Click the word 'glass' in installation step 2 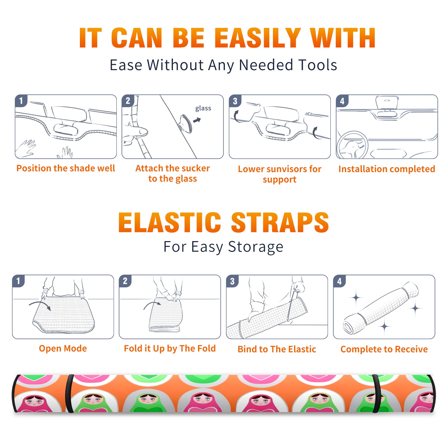[203, 108]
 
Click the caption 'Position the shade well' [66, 168]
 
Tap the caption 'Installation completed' [387, 169]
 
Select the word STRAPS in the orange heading [280, 222]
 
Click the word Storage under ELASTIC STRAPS [256, 247]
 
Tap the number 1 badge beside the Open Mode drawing [18, 281]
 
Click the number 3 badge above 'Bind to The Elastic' [232, 281]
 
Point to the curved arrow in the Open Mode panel [40, 305]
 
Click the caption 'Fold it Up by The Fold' [170, 348]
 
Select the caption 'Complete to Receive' [384, 349]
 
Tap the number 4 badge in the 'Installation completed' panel [342, 101]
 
